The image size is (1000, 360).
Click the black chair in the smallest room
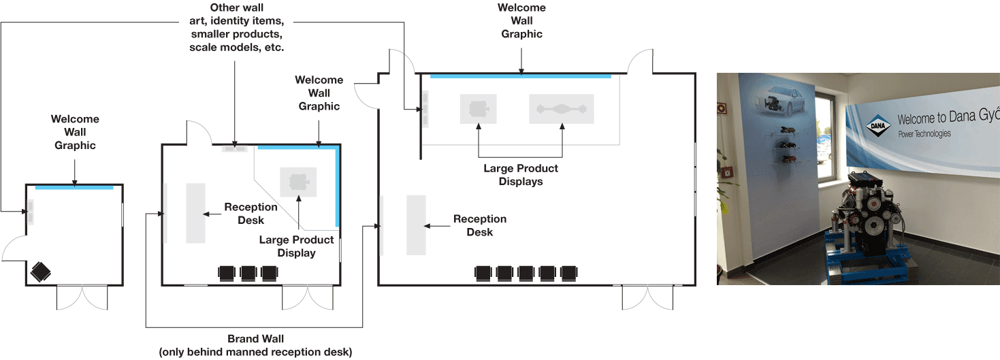point(41,272)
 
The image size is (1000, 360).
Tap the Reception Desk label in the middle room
point(251,213)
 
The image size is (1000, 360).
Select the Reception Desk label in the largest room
point(480,225)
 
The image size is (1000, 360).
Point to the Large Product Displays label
point(521,175)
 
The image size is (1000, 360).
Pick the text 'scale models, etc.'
point(237,48)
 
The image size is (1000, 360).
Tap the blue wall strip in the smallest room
point(74,187)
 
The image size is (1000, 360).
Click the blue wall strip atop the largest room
point(521,76)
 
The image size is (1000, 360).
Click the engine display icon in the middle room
point(298,182)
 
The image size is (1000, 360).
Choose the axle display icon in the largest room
point(562,109)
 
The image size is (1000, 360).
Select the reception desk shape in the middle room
point(195,212)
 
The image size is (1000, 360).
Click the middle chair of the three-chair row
point(248,273)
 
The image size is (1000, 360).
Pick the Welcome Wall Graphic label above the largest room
point(521,20)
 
